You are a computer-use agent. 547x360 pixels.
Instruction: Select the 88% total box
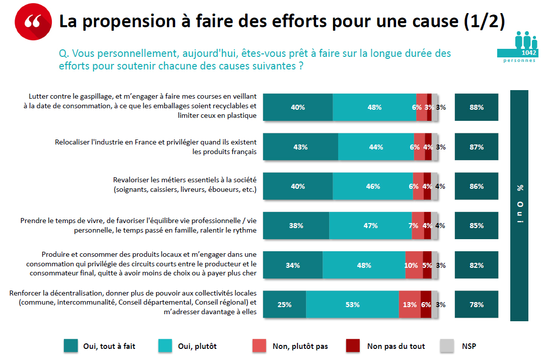click(x=477, y=107)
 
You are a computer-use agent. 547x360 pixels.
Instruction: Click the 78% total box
click(x=477, y=305)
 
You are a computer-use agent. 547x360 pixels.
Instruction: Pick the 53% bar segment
click(x=352, y=305)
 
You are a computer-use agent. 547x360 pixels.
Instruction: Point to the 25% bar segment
click(x=284, y=305)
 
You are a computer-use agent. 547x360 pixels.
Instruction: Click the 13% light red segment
click(x=410, y=305)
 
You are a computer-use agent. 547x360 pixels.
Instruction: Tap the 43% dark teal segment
click(x=300, y=147)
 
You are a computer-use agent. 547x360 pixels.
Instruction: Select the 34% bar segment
click(x=293, y=265)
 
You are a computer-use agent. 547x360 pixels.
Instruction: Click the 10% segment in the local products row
click(x=414, y=265)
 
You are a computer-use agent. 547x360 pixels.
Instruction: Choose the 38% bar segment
click(x=296, y=226)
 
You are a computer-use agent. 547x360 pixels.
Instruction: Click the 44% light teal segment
click(x=375, y=147)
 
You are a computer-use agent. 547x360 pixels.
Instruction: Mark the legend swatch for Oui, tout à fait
click(x=70, y=346)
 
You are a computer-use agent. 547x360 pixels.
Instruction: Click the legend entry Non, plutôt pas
click(x=300, y=346)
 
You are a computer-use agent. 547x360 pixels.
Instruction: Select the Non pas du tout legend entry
click(x=396, y=346)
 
